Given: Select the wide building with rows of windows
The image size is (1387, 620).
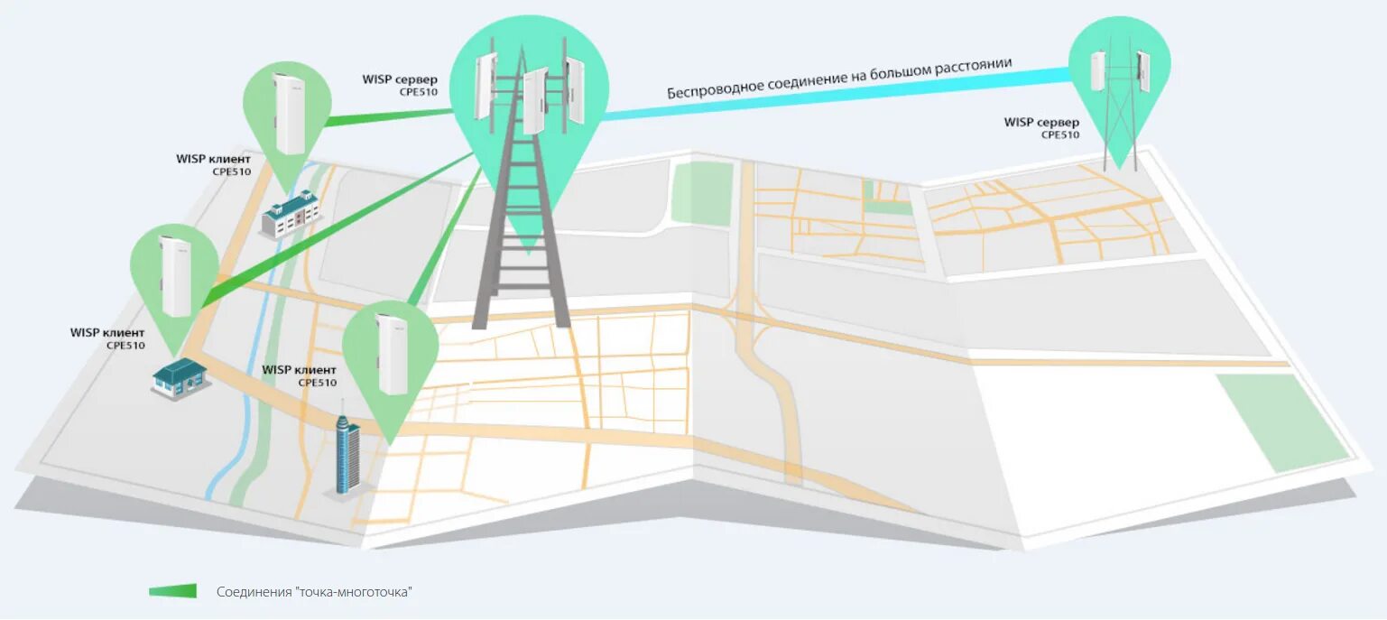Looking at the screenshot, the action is [x=291, y=213].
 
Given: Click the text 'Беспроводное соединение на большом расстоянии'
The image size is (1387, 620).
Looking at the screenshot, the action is [x=839, y=79].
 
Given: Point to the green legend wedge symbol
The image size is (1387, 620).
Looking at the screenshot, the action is [x=172, y=591].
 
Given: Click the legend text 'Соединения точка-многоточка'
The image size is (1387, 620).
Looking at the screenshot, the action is [x=315, y=592].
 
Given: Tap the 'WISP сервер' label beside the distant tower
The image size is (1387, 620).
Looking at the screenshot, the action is [x=1041, y=123].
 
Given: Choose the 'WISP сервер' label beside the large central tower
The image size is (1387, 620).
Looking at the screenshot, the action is [x=400, y=79].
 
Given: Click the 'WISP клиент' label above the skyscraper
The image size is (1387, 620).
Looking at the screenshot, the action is [x=299, y=370].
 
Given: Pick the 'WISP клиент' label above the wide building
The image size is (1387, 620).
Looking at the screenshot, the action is [x=213, y=159].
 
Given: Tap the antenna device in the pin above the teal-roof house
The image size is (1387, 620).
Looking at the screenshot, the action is [x=175, y=275].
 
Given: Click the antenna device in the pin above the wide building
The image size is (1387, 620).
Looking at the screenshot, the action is [x=288, y=113].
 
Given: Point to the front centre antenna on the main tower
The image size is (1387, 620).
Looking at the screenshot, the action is [x=535, y=100].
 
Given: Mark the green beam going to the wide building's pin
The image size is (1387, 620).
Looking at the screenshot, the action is [x=388, y=116].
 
